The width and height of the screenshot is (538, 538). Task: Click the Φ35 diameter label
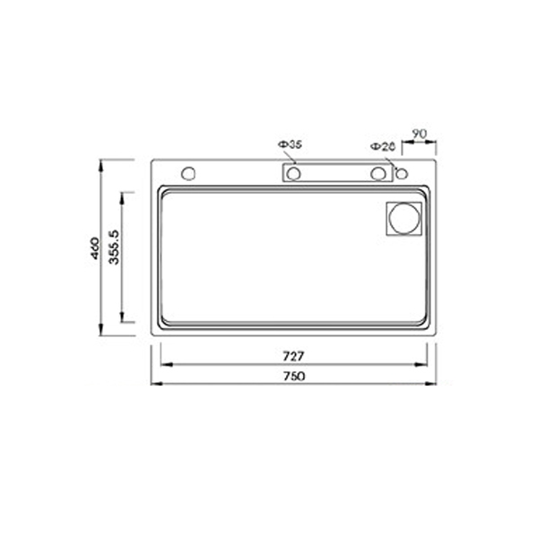pos(289,143)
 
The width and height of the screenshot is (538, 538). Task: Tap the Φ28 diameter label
pos(381,144)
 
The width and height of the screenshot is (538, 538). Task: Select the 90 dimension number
pos(418,134)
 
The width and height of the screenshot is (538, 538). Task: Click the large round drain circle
pos(403,219)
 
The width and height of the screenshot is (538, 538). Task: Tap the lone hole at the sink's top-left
pos(188,172)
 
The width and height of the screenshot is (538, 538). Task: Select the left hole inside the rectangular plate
pos(293,173)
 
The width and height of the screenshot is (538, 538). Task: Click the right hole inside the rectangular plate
pos(380,173)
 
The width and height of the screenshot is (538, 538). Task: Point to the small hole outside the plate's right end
pos(402,173)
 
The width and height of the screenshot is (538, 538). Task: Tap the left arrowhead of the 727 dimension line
pos(162,365)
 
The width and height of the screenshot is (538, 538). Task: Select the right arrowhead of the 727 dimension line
pos(428,365)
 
